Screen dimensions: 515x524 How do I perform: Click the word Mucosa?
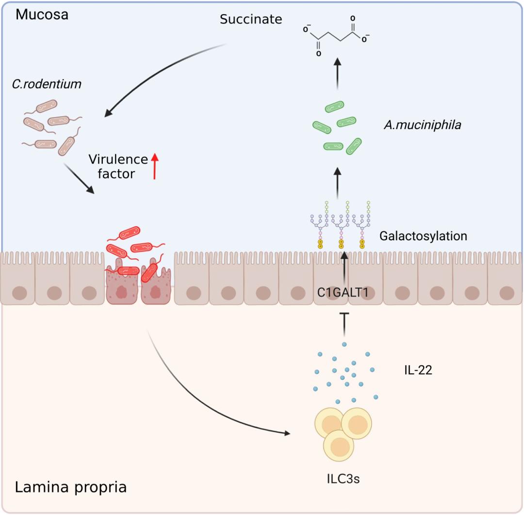42,14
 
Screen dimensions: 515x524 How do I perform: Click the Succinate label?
250,20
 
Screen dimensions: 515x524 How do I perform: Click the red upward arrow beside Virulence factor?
155,166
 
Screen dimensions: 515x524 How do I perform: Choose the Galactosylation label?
423,236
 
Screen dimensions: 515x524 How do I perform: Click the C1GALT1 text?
342,293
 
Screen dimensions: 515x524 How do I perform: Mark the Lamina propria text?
71,486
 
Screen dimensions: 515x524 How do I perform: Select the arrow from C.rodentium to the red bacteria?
79,178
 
